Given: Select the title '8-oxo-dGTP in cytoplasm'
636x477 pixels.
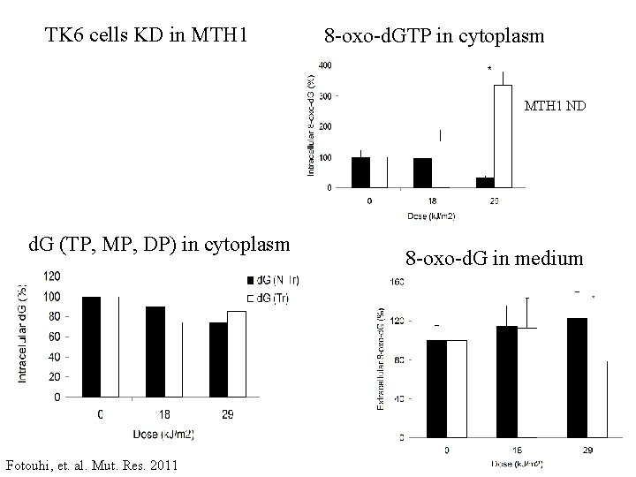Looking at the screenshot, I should tap(434, 37).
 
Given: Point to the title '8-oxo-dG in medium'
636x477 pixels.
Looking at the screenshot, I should tap(494, 259).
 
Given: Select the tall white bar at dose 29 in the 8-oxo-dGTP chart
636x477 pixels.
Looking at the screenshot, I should tap(503, 136).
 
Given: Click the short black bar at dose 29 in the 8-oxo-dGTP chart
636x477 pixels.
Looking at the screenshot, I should tap(485, 182).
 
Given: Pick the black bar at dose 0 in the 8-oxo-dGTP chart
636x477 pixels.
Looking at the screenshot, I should tap(360, 172).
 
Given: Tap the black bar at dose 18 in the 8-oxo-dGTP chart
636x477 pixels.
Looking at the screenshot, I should tap(422, 173).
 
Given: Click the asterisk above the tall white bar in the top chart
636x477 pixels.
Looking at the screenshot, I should tap(488, 69).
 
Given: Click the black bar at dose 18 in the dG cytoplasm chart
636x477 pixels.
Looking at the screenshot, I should tap(155, 352).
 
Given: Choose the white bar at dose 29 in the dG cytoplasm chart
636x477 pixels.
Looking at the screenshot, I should tap(236, 354).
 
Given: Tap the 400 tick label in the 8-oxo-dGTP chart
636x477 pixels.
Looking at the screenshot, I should tap(325, 65).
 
